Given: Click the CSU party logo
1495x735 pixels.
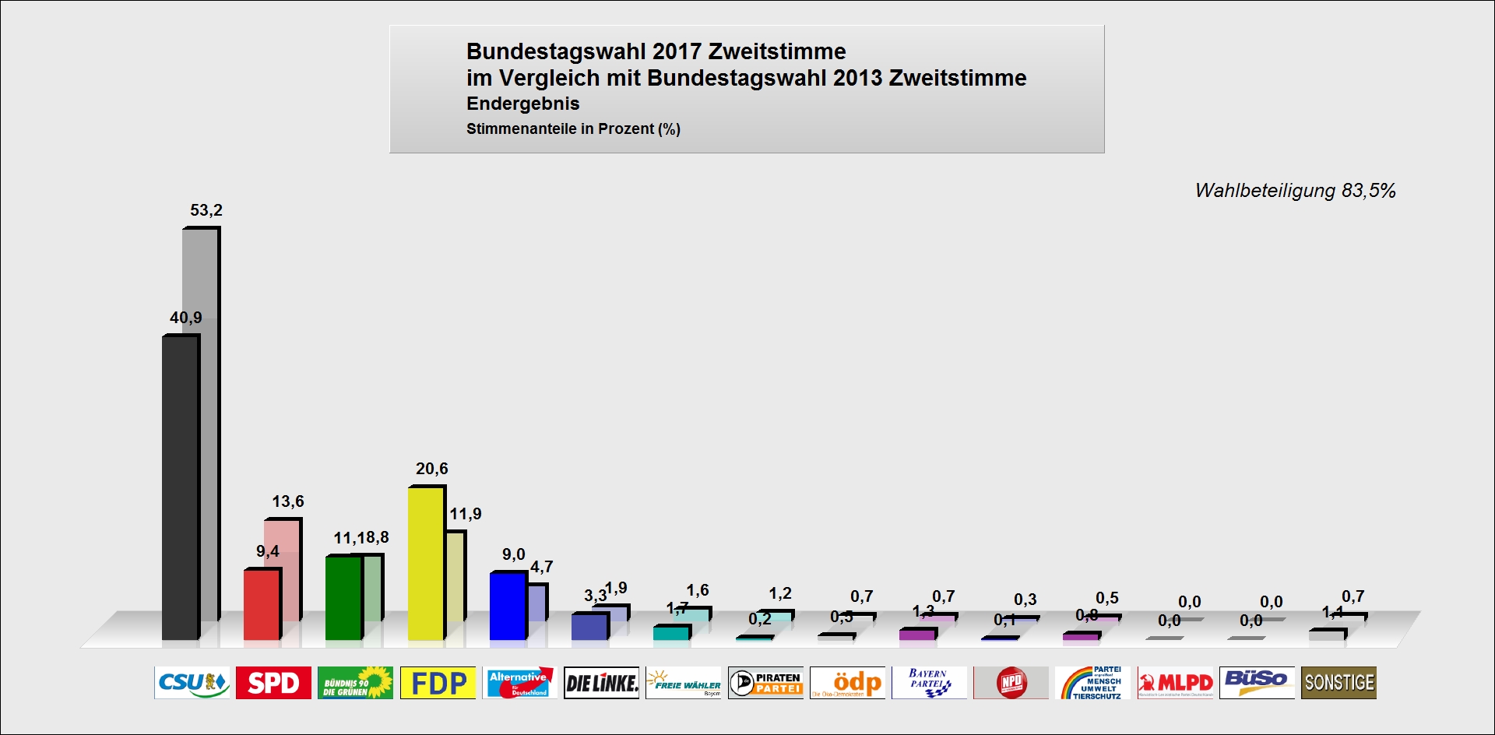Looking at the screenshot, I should (x=192, y=683).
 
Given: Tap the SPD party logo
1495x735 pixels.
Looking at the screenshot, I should (x=273, y=683).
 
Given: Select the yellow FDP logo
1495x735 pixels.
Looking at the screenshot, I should (x=438, y=683).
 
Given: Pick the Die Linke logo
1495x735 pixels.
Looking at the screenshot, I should (x=601, y=683).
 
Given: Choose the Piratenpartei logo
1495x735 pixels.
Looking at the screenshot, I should (x=765, y=683).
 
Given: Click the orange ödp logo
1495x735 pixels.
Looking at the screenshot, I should (x=847, y=683).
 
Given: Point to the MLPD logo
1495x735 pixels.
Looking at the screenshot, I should (x=1175, y=683).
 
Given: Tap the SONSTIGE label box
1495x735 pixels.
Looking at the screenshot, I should (x=1338, y=683).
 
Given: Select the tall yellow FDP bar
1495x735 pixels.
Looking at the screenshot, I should (x=425, y=564).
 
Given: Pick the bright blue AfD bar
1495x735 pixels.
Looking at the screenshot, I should (x=507, y=607).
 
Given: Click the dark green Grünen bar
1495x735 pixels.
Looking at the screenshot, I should (x=343, y=599).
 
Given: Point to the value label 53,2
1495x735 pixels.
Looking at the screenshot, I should (x=206, y=210).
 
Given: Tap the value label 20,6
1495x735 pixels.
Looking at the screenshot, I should (x=432, y=469).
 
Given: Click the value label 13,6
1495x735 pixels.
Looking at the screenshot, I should (x=288, y=501).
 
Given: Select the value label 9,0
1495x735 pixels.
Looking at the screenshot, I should (x=514, y=554).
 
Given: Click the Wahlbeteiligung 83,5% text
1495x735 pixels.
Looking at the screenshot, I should (x=1295, y=191).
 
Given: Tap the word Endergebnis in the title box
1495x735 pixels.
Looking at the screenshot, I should (x=522, y=104).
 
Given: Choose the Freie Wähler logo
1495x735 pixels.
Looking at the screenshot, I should (x=684, y=683).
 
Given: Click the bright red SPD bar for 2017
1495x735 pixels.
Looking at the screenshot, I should (x=261, y=605).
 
